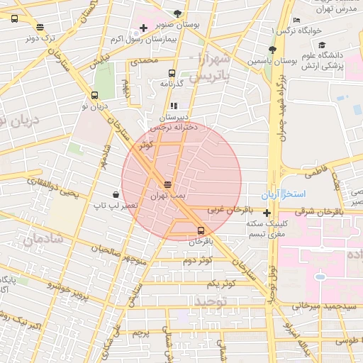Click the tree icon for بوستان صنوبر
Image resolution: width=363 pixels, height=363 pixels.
coord(177,13)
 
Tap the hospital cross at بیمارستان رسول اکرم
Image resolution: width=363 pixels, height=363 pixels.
coord(144,28)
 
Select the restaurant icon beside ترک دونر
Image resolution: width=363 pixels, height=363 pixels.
coord(40,27)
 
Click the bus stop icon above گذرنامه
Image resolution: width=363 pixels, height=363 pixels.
coord(172,73)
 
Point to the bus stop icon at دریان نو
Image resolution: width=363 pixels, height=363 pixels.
coord(95,95)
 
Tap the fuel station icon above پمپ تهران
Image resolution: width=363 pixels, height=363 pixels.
coord(167,183)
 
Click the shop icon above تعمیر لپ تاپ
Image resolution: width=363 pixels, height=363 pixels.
coord(116,194)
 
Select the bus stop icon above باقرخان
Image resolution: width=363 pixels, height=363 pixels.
coord(201,230)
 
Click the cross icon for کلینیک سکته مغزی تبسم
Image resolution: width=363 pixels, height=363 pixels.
coord(267,213)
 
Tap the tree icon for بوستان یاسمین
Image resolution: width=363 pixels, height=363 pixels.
coord(272,49)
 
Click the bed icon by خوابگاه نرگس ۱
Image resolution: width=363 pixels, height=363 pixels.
coord(296,20)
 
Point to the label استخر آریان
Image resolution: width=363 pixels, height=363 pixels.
coord(303,194)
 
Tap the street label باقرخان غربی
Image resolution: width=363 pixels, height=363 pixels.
coord(230,211)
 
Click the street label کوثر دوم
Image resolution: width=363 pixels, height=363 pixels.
coord(198,261)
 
